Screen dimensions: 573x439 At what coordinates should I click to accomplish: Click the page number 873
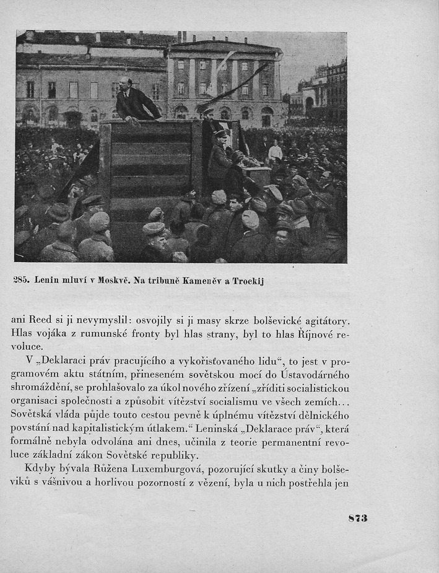[358, 518]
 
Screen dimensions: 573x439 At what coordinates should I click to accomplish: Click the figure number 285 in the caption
[22, 281]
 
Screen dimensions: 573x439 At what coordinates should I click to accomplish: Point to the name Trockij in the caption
[246, 281]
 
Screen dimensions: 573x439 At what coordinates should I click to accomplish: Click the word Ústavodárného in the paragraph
[315, 375]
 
